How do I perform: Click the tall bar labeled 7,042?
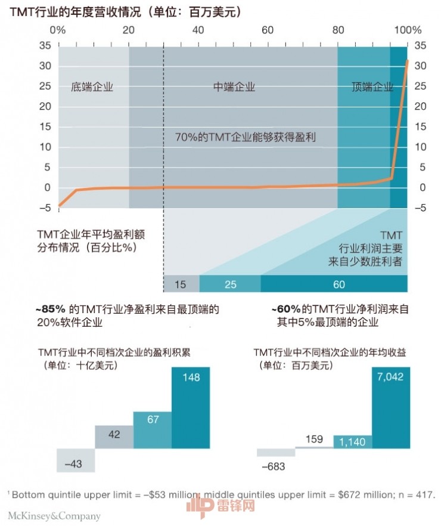click(391, 407)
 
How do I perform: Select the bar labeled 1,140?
click(352, 442)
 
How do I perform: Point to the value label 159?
click(313, 440)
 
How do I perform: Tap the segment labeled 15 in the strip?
click(181, 284)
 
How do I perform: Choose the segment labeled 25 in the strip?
click(230, 284)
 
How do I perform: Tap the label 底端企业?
click(92, 87)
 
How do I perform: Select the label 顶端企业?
click(372, 87)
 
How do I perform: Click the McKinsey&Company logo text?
click(54, 516)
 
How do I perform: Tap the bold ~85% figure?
click(51, 310)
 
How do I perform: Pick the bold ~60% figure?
click(285, 310)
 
